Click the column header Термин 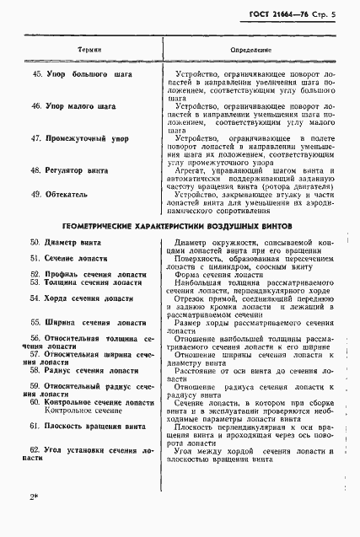[x=90, y=50]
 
